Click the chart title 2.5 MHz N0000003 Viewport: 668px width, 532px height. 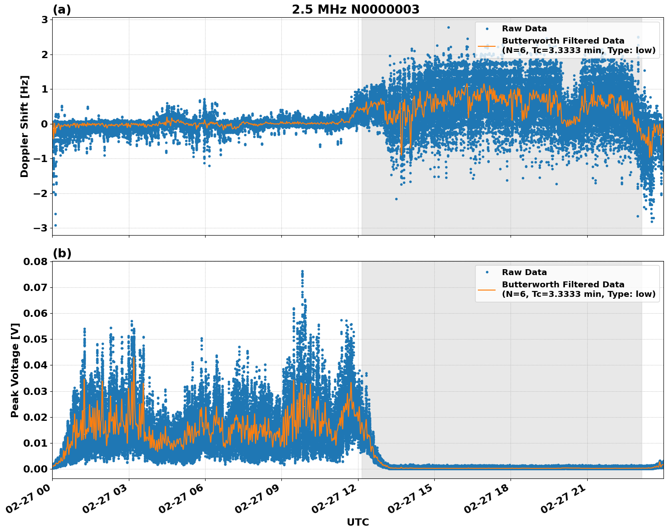(355, 10)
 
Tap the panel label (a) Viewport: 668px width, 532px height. (62, 10)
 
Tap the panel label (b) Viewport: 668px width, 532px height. (62, 253)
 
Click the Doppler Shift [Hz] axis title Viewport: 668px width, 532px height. (25, 126)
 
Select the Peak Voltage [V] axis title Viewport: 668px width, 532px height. (15, 370)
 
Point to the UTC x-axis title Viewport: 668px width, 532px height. (358, 522)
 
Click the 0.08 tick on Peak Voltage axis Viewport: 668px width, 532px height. (35, 261)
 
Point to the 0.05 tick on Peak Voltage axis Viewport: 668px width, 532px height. (35, 339)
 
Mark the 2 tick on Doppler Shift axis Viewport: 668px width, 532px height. (45, 54)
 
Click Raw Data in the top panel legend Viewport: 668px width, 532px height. (524, 29)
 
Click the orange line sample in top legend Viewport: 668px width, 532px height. (486, 46)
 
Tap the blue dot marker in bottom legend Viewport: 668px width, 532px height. (487, 272)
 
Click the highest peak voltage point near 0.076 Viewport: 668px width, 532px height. (302, 271)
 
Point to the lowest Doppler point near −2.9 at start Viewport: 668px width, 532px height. (55, 225)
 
